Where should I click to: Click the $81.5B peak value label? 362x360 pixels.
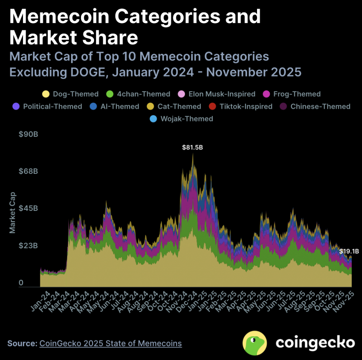pos(193,147)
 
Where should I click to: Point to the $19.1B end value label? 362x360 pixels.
pos(349,251)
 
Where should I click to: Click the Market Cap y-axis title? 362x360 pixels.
pos(13,213)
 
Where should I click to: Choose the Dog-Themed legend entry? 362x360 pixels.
pos(70,94)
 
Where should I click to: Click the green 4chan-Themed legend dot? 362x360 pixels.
pos(110,94)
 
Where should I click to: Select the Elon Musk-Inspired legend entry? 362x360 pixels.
pos(217,94)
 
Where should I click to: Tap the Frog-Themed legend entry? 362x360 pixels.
pos(292,94)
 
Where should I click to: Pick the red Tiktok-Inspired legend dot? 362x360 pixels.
pos(212,106)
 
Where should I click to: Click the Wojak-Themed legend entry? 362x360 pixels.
pos(182,119)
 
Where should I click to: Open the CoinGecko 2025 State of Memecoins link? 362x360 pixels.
pos(111,343)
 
